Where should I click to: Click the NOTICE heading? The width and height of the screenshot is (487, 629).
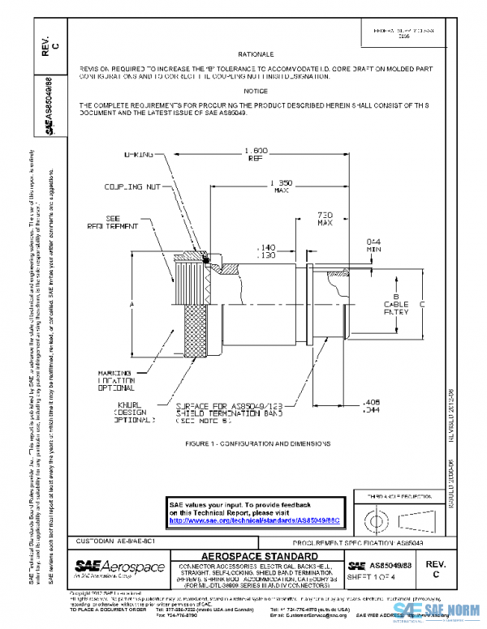tap(256, 91)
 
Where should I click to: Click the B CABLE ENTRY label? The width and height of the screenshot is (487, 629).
tap(398, 304)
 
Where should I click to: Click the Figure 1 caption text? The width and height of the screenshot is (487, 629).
tap(257, 443)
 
